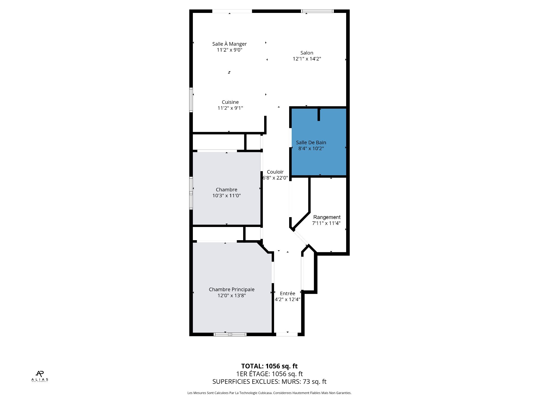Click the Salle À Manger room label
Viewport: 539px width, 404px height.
[x=229, y=44]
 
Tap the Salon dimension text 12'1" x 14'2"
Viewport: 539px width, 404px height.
[x=307, y=59]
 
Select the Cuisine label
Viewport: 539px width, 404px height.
[x=230, y=102]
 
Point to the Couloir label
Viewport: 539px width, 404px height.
[x=275, y=172]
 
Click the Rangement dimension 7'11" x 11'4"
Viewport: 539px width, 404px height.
[x=326, y=223]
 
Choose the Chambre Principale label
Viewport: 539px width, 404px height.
[x=232, y=290]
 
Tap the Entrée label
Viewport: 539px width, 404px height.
[x=287, y=293]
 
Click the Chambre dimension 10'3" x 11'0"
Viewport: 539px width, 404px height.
[x=227, y=196]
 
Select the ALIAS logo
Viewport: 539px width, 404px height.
[x=40, y=376]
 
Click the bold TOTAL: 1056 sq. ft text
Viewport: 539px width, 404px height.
[x=269, y=366]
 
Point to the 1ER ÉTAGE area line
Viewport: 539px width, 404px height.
[x=269, y=374]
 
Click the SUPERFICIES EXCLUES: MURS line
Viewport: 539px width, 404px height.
[x=269, y=382]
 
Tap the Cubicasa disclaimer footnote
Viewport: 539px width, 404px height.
[x=269, y=393]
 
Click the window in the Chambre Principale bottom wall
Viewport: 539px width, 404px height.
[x=230, y=334]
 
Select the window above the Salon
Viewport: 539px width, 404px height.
[x=317, y=11]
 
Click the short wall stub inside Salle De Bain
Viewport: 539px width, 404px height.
[x=319, y=114]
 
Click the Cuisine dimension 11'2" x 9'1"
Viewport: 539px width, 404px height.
[x=230, y=108]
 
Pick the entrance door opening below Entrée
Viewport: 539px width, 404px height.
[x=287, y=334]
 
